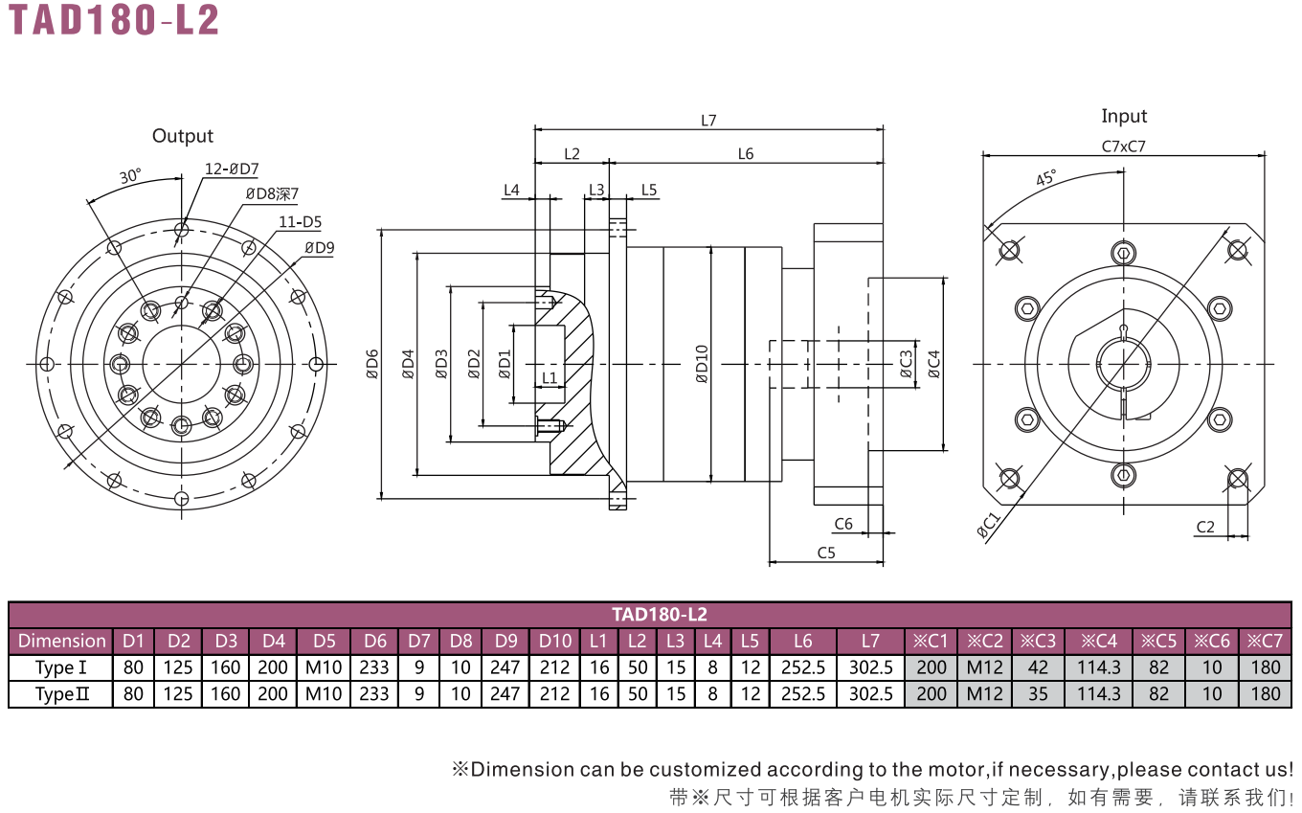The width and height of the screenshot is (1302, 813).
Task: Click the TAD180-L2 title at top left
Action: pyautogui.click(x=114, y=19)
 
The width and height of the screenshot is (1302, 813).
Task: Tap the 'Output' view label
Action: pyautogui.click(x=183, y=136)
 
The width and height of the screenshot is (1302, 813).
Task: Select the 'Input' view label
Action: pyautogui.click(x=1124, y=116)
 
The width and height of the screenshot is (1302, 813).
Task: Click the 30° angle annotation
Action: pyautogui.click(x=130, y=176)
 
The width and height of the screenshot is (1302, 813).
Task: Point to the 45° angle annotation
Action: pyautogui.click(x=1045, y=177)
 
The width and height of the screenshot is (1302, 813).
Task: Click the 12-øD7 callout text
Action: pyautogui.click(x=232, y=169)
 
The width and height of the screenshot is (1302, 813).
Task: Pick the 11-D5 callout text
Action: pyautogui.click(x=300, y=221)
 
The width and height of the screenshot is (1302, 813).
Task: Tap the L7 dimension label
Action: pyautogui.click(x=708, y=121)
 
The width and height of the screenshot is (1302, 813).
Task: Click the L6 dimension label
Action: pyautogui.click(x=745, y=153)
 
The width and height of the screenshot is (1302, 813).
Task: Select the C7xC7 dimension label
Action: pyautogui.click(x=1124, y=147)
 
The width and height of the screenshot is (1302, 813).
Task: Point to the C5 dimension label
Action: pyautogui.click(x=826, y=553)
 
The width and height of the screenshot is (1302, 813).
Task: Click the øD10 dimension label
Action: pyautogui.click(x=702, y=364)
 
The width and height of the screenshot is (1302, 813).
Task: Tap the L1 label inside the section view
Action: pyautogui.click(x=550, y=378)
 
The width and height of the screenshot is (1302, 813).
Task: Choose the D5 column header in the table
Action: pyautogui.click(x=325, y=641)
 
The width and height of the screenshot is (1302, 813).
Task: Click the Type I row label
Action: pyautogui.click(x=61, y=667)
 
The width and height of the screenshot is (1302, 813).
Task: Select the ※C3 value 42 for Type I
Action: pyautogui.click(x=1038, y=667)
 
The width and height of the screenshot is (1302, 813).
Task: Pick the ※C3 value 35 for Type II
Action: pyautogui.click(x=1038, y=694)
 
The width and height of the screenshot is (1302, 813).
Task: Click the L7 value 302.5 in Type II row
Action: pyautogui.click(x=871, y=694)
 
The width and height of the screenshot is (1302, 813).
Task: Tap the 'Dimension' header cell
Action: pyautogui.click(x=61, y=641)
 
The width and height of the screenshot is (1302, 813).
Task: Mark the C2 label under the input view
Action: pyautogui.click(x=1205, y=527)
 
